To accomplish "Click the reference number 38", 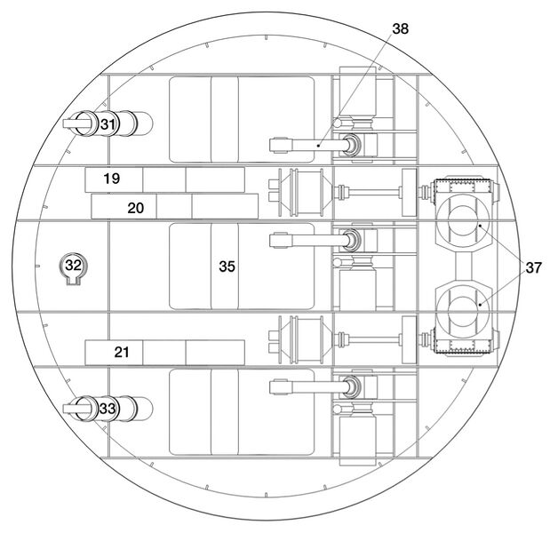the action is [x=400, y=28].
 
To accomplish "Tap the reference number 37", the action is [x=533, y=267].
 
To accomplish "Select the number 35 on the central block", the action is [x=227, y=266].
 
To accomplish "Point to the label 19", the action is [x=112, y=179].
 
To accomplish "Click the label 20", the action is [x=135, y=208].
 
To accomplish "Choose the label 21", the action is [x=122, y=352].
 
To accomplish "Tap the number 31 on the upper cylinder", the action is [x=108, y=124].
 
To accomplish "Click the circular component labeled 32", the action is [x=74, y=266].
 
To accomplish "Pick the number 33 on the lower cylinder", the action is [x=108, y=409].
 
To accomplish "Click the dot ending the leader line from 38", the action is [x=318, y=145].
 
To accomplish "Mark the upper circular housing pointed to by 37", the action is [x=463, y=221].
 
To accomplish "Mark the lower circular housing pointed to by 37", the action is [x=463, y=305].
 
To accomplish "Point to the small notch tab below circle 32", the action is [x=74, y=282].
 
